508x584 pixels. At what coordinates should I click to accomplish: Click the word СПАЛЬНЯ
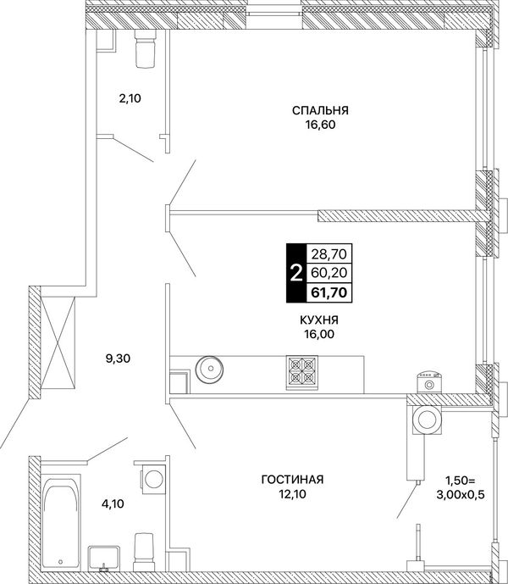click(x=320, y=111)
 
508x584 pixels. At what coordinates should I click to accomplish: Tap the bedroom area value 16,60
click(x=320, y=125)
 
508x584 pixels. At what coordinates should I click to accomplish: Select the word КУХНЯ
click(x=319, y=320)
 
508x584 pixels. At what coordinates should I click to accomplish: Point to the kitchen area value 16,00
click(x=319, y=335)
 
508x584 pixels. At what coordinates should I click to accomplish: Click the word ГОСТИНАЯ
click(x=292, y=480)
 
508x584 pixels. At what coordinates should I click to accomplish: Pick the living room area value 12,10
click(x=292, y=494)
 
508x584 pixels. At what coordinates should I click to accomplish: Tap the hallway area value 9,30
click(x=118, y=359)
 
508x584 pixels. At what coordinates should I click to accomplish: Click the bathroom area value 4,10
click(x=113, y=504)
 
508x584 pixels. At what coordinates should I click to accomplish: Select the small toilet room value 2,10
click(x=130, y=98)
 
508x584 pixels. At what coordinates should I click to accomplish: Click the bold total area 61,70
click(x=329, y=292)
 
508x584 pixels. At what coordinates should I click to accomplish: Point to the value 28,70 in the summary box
click(x=329, y=254)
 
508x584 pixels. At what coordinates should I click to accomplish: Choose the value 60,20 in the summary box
click(x=329, y=273)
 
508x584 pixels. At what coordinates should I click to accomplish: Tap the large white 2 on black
click(x=295, y=274)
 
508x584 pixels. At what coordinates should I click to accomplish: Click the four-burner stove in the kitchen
click(x=301, y=373)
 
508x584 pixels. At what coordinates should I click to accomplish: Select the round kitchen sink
click(x=210, y=369)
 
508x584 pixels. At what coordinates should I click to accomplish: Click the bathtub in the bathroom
click(x=60, y=522)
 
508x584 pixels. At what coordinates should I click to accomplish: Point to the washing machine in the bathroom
click(x=152, y=478)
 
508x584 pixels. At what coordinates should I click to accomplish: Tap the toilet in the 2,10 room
click(x=145, y=48)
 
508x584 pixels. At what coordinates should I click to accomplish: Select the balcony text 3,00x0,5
click(x=461, y=495)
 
